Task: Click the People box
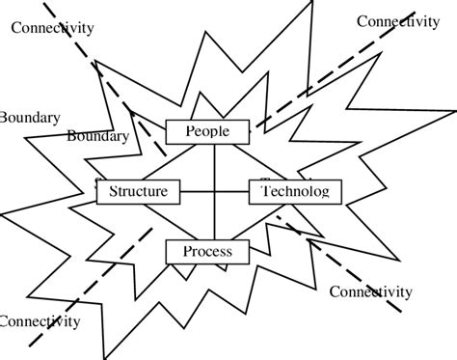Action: [207, 130]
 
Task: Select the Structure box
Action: [139, 191]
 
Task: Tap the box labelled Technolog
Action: [296, 192]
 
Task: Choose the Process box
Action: [207, 252]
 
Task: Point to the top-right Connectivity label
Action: [398, 20]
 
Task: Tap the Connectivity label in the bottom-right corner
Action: [371, 291]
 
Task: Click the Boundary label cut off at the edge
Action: [30, 118]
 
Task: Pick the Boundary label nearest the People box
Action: [97, 136]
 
